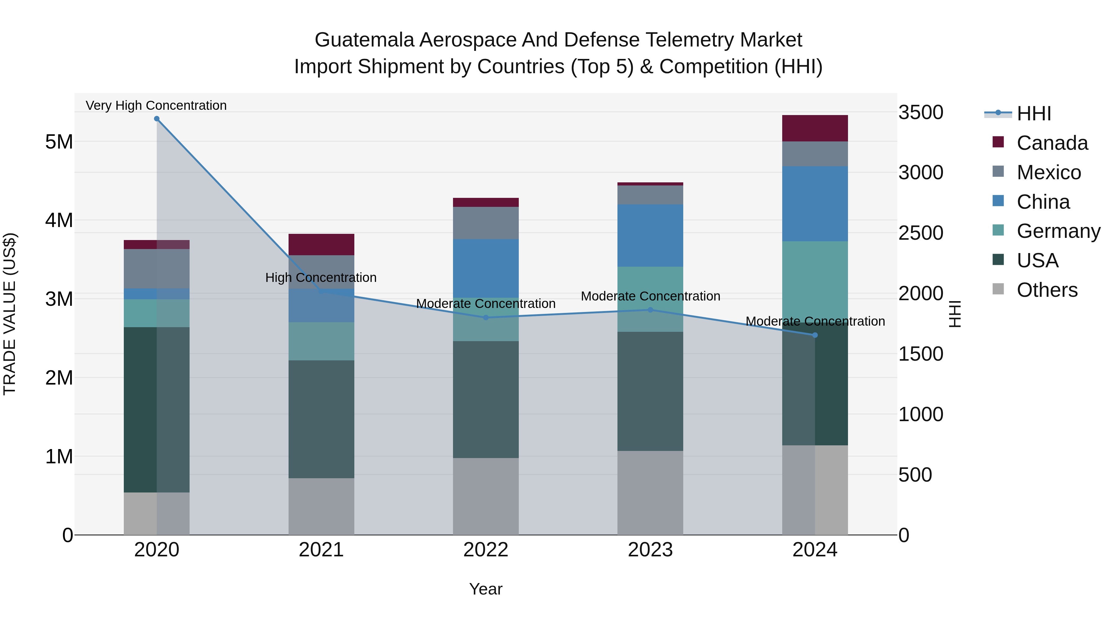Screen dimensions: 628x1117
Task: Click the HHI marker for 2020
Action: pos(157,119)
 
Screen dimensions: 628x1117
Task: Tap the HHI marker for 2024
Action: pos(815,335)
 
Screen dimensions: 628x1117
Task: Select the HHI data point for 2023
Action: pos(650,310)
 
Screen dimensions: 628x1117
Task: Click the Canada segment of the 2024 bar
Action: pos(815,128)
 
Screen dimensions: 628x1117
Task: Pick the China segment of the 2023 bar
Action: pos(650,235)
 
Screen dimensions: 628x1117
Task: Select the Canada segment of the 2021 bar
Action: pos(321,244)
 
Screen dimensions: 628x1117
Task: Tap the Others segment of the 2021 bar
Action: pos(321,506)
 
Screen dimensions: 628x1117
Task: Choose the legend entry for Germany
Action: pos(1058,231)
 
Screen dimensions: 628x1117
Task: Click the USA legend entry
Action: pos(1037,261)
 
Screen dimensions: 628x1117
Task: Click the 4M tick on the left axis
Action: pos(59,220)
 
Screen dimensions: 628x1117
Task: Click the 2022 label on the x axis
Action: pos(486,550)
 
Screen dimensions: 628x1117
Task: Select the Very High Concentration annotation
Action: pos(156,105)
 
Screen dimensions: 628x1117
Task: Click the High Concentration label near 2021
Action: pos(321,277)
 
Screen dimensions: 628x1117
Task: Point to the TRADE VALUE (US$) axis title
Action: pos(10,314)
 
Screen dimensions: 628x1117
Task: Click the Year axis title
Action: pos(486,589)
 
